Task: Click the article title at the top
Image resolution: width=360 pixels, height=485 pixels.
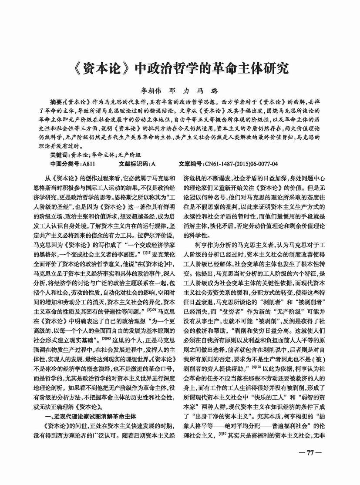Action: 179,69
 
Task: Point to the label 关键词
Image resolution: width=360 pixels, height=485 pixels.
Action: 59,155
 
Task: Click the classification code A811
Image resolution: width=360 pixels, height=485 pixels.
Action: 88,164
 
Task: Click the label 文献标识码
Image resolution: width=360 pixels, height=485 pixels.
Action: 133,164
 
